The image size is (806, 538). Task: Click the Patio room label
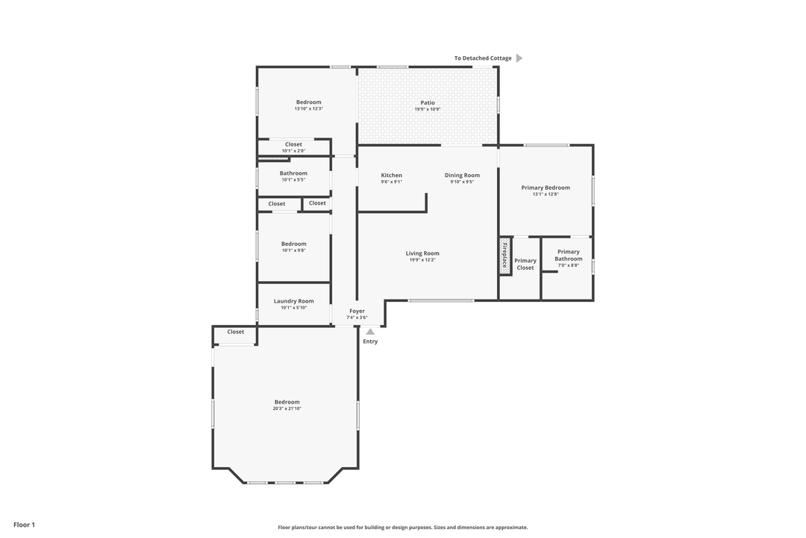[428, 103]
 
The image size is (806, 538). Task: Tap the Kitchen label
[391, 176]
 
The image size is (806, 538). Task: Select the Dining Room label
[462, 176]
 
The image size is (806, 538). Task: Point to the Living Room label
[422, 253]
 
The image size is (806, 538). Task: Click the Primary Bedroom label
[546, 188]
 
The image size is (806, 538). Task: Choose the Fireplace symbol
[505, 256]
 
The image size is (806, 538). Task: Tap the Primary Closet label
[525, 264]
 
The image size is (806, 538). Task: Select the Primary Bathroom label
[568, 256]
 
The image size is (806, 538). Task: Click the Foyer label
[357, 311]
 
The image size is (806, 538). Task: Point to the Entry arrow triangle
[370, 331]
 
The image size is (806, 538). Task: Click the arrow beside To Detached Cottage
[519, 58]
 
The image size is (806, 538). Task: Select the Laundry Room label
[293, 301]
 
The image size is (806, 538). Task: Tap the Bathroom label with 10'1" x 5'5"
[293, 173]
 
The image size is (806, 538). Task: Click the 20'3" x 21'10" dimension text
[287, 409]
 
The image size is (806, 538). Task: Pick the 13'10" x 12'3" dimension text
[308, 109]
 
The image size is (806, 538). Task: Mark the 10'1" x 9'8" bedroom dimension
[293, 250]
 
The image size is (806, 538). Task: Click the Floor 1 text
[24, 525]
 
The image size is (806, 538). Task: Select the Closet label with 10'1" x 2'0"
[293, 144]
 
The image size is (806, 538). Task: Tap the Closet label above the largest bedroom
[236, 332]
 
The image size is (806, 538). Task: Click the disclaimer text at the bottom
[403, 528]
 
